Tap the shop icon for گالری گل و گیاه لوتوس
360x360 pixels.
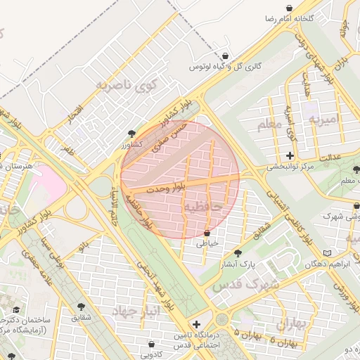[224, 56]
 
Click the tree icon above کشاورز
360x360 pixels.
[131, 133]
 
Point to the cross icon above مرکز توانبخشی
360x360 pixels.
[290, 155]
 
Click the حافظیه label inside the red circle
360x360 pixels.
[202, 206]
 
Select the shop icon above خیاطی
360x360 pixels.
[207, 232]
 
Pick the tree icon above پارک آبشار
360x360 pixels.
[238, 253]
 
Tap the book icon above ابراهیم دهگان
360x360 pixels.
[326, 253]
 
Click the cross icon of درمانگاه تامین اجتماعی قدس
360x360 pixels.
[196, 323]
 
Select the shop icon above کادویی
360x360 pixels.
[153, 344]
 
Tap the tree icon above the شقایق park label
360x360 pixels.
[81, 307]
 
